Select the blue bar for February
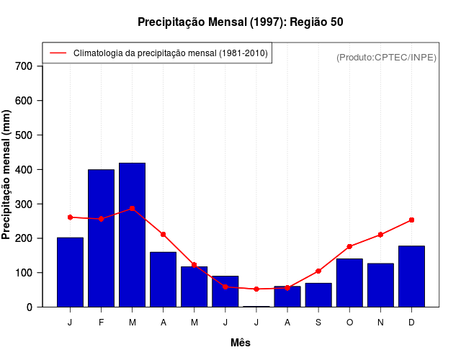[x=101, y=238]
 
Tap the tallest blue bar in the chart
[x=132, y=235]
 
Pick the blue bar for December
[x=411, y=276]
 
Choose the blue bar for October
[x=349, y=282]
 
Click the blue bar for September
[x=318, y=294]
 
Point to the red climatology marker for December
[x=411, y=220]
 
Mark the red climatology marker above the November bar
[x=380, y=235]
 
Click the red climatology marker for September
[x=318, y=271]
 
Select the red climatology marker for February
[x=101, y=219]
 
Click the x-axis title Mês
[x=241, y=343]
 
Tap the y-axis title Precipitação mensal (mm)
[x=7, y=174]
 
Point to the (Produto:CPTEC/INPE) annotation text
[x=386, y=57]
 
